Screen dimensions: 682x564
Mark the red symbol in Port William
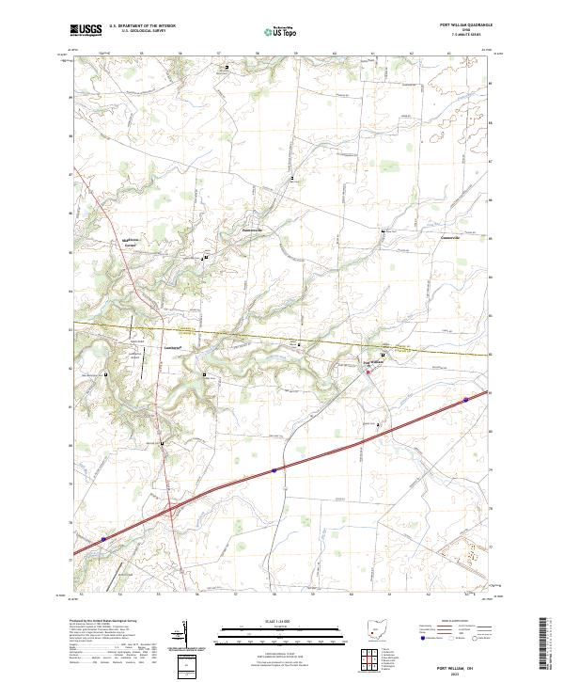[x=368, y=372]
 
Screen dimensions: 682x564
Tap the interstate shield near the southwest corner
[x=103, y=540]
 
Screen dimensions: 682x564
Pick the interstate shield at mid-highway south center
[x=274, y=468]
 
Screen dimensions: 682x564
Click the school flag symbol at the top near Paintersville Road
[x=226, y=68]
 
